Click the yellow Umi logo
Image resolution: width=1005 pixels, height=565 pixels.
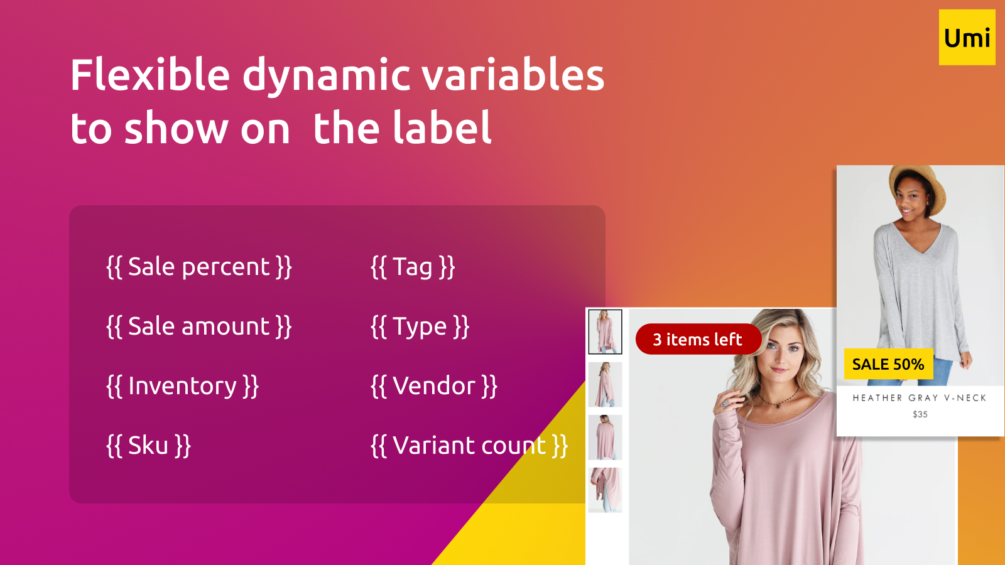point(967,38)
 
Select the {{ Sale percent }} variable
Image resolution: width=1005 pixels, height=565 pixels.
point(198,267)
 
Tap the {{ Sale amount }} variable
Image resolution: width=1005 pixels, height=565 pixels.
point(198,326)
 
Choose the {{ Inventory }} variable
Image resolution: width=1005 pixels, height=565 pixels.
point(182,386)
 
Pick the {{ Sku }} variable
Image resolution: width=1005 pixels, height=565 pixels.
point(148,446)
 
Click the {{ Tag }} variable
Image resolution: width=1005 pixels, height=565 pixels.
point(413,267)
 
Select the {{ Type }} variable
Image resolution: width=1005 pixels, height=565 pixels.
point(420,326)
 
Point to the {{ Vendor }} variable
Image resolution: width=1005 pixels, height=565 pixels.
point(434,386)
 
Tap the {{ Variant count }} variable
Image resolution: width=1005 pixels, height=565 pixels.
point(469,446)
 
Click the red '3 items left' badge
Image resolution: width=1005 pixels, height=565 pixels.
point(698,339)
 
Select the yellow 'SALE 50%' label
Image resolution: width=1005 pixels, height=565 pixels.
point(888,363)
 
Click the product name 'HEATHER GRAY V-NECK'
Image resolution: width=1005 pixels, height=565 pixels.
point(920,398)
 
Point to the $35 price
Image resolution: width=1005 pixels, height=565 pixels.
point(920,414)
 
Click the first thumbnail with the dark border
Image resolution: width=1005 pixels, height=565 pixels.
point(606,332)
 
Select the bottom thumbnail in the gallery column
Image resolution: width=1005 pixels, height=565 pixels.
point(606,490)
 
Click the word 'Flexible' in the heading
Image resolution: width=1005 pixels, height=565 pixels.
point(150,75)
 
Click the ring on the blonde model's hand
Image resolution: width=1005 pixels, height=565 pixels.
point(725,404)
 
